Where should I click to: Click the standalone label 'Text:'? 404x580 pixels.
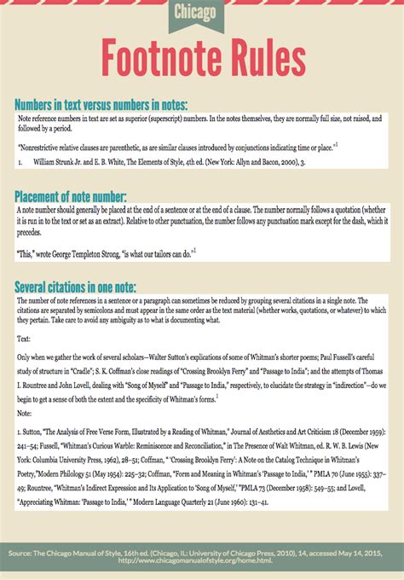pyautogui.click(x=25, y=339)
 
